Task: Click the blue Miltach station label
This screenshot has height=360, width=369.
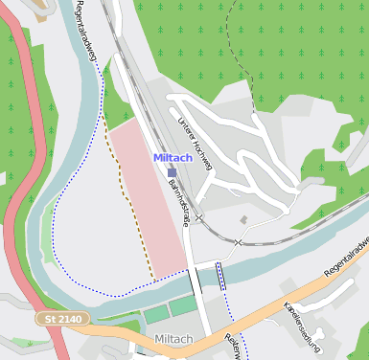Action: click(173, 158)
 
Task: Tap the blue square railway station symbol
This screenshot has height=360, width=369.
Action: click(172, 173)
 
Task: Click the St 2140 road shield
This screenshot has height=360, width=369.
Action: click(64, 318)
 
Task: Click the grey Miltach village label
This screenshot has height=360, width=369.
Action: click(173, 340)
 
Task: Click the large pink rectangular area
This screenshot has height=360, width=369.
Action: click(149, 196)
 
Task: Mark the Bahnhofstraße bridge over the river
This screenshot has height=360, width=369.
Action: click(196, 281)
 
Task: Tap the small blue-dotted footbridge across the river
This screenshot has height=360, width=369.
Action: click(221, 276)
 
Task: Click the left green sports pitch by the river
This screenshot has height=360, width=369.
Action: click(156, 314)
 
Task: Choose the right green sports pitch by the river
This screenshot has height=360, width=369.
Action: click(183, 305)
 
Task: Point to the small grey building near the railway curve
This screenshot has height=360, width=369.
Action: click(244, 220)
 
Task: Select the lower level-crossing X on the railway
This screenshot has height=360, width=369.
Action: click(237, 243)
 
